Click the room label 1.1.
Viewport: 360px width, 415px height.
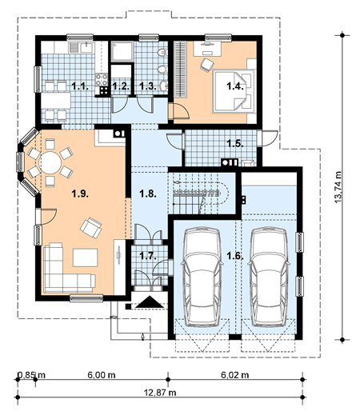click(80, 86)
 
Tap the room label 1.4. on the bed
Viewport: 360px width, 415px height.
click(235, 86)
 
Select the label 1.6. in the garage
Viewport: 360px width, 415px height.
click(235, 256)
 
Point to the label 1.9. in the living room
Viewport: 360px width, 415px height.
click(80, 194)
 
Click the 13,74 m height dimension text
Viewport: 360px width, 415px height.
click(338, 187)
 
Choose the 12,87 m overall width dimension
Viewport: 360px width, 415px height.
click(160, 393)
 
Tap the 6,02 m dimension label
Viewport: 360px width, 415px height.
click(235, 375)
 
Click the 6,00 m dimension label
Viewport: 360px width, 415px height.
click(102, 375)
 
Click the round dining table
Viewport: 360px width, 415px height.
click(50, 162)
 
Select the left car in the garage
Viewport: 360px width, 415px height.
click(202, 277)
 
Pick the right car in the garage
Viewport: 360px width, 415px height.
click(269, 277)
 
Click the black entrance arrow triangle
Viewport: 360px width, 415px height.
click(150, 302)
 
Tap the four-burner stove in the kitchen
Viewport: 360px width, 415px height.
click(102, 79)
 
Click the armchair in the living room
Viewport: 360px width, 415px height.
click(91, 227)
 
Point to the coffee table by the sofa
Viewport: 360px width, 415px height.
click(86, 257)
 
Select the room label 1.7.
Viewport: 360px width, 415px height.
click(148, 256)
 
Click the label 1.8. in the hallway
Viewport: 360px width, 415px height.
click(148, 194)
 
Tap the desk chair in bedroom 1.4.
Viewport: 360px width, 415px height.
click(206, 65)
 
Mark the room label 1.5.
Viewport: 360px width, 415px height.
click(235, 143)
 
